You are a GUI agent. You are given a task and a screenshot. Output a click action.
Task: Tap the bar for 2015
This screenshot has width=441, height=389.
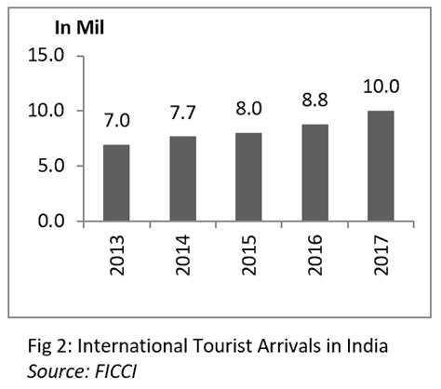pos(247,177)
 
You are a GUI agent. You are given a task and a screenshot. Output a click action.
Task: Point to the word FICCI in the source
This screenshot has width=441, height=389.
pos(98,370)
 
